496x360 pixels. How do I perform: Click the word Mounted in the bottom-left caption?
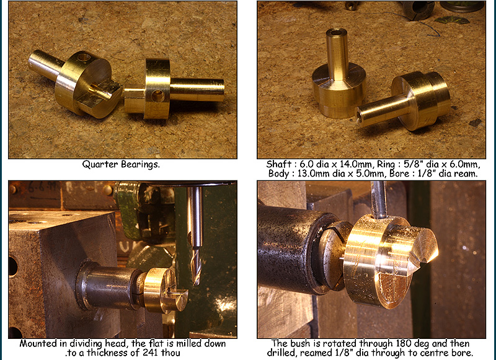40,343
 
